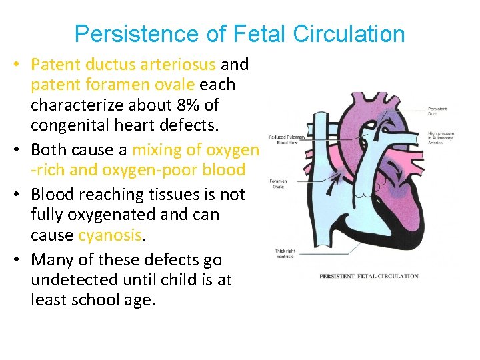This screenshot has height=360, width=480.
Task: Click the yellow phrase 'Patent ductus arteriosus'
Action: pyautogui.click(x=123, y=65)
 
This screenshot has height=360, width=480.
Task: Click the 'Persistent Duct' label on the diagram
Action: pyautogui.click(x=437, y=111)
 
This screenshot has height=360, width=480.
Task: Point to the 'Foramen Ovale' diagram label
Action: pyautogui.click(x=279, y=183)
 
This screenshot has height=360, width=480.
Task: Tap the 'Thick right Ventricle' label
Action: pyautogui.click(x=285, y=253)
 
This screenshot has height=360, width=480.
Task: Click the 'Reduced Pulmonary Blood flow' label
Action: pyautogui.click(x=287, y=139)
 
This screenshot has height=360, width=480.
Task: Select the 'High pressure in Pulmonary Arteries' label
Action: pyautogui.click(x=441, y=137)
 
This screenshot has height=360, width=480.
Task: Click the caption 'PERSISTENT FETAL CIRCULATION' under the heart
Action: pyautogui.click(x=369, y=276)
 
